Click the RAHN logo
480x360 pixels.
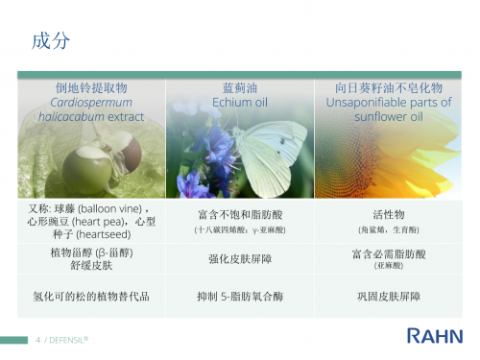point(435,335)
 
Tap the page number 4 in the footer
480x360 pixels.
point(38,340)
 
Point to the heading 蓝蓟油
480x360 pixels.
point(239,87)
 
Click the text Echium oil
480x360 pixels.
point(239,101)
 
